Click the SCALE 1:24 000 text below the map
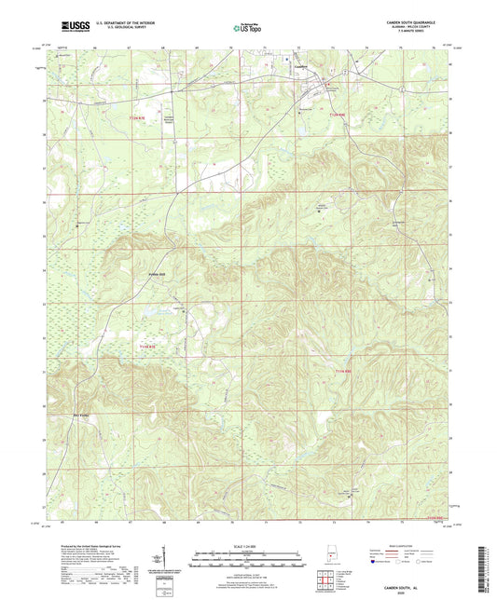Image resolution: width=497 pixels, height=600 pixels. (x=248, y=546)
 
